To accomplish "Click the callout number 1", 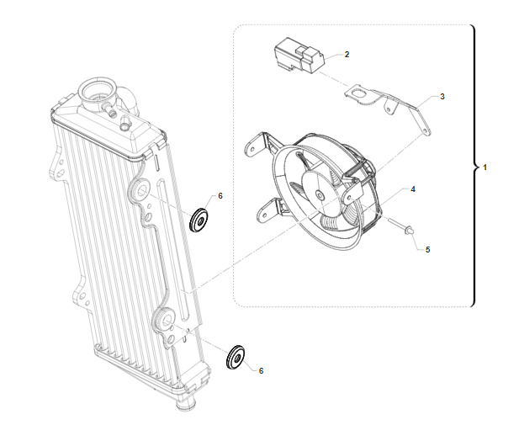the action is coord(485,167).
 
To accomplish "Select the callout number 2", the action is coord(347,55).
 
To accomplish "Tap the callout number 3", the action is coord(442,97).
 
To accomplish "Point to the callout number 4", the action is coord(413,189).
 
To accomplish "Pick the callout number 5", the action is coord(427,249).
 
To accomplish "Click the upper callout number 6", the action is coord(220,196).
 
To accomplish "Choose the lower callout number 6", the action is coord(261,371).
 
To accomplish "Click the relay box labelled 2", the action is coord(299,55).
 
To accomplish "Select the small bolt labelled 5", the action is coord(402,226).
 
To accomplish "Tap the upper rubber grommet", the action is coord(199,220).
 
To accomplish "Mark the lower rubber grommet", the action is coord(236,358).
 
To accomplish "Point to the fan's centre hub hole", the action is coord(320,195).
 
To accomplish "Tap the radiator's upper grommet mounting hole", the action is coord(143,190).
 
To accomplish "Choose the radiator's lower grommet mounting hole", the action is coord(167,320).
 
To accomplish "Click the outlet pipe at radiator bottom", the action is coord(187,403).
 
